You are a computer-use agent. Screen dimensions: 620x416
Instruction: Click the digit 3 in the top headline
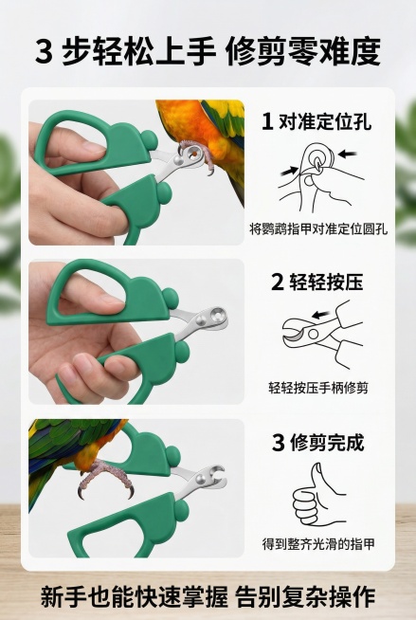(44, 52)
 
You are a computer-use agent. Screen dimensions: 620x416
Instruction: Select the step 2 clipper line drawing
(317, 333)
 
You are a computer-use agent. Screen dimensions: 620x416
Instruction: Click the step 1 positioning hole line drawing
(317, 173)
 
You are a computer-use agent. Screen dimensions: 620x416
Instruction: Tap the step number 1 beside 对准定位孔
(267, 121)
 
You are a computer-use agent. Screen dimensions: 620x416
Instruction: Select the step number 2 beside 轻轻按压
(277, 282)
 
